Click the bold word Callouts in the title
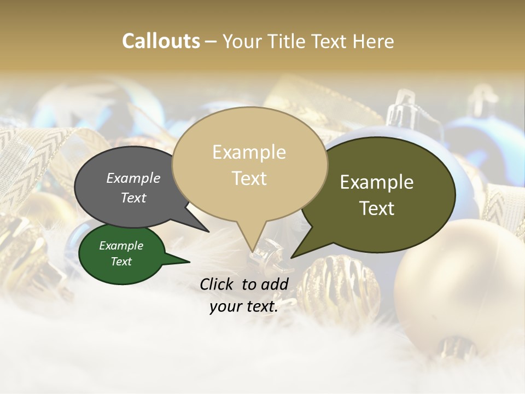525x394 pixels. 161,41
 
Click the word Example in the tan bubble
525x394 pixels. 249,152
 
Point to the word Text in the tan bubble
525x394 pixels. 249,178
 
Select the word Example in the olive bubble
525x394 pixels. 377,182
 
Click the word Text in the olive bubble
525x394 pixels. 377,208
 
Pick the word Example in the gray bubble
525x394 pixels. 133,178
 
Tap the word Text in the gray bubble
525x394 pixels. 133,198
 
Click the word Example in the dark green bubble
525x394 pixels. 121,246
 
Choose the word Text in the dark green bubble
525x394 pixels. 121,262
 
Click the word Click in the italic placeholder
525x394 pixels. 218,284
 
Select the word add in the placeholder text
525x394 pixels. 275,284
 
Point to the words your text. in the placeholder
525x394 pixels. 244,307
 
